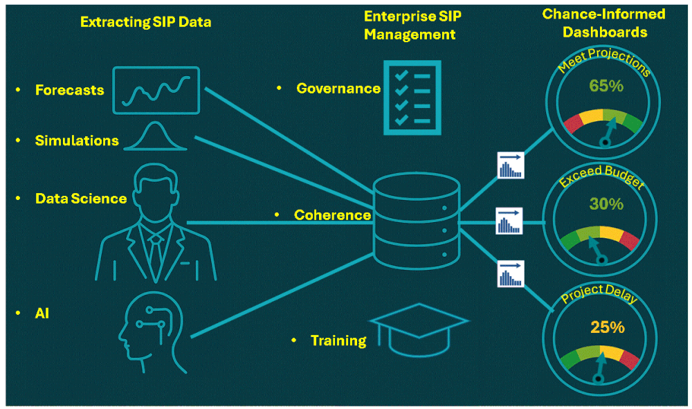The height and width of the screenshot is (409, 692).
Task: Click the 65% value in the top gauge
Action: coord(606,86)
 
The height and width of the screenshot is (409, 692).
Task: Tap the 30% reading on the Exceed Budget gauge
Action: coord(606,204)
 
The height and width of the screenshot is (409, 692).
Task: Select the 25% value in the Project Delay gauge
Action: coord(608,326)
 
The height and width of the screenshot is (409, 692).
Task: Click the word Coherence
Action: coord(332,215)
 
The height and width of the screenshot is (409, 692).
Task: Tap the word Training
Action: coord(338,340)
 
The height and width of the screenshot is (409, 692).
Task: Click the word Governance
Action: coord(338,88)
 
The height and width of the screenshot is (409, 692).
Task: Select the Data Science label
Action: coord(81,199)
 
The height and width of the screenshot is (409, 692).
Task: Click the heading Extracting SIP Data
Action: coord(146,22)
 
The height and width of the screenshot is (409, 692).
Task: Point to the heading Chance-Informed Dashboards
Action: coord(604,23)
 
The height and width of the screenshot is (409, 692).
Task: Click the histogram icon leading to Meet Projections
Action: coord(511,166)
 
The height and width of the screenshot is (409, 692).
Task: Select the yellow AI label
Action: coord(42,313)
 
